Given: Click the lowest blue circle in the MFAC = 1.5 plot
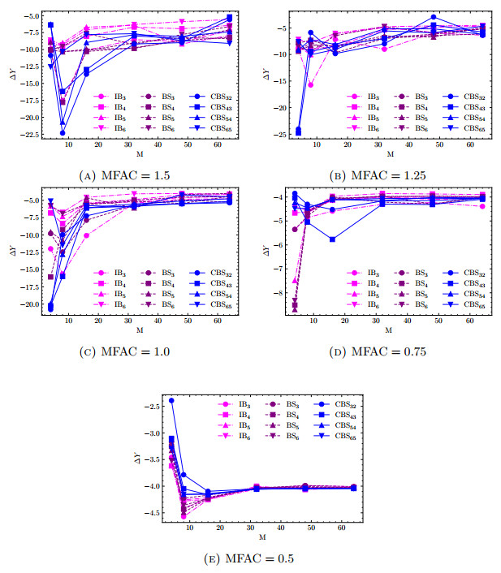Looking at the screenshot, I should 63,132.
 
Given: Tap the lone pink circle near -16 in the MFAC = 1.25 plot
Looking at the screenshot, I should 310,84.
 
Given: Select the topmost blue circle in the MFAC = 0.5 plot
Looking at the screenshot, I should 171,401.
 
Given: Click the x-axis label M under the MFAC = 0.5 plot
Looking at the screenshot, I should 261,536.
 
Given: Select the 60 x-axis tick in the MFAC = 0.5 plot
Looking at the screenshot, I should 334,525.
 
